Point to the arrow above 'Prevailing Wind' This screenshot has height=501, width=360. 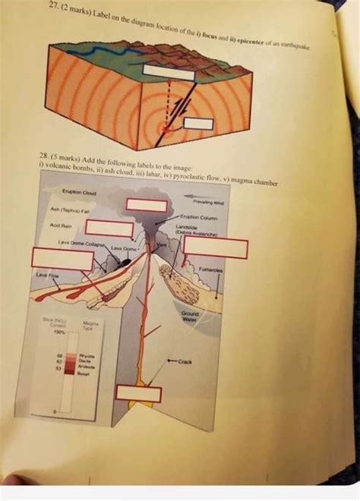pos(199,194)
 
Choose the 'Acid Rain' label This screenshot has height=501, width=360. pos(62,225)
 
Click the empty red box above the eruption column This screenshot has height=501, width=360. pos(146,204)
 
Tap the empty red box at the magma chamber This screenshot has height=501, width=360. pos(139,394)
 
